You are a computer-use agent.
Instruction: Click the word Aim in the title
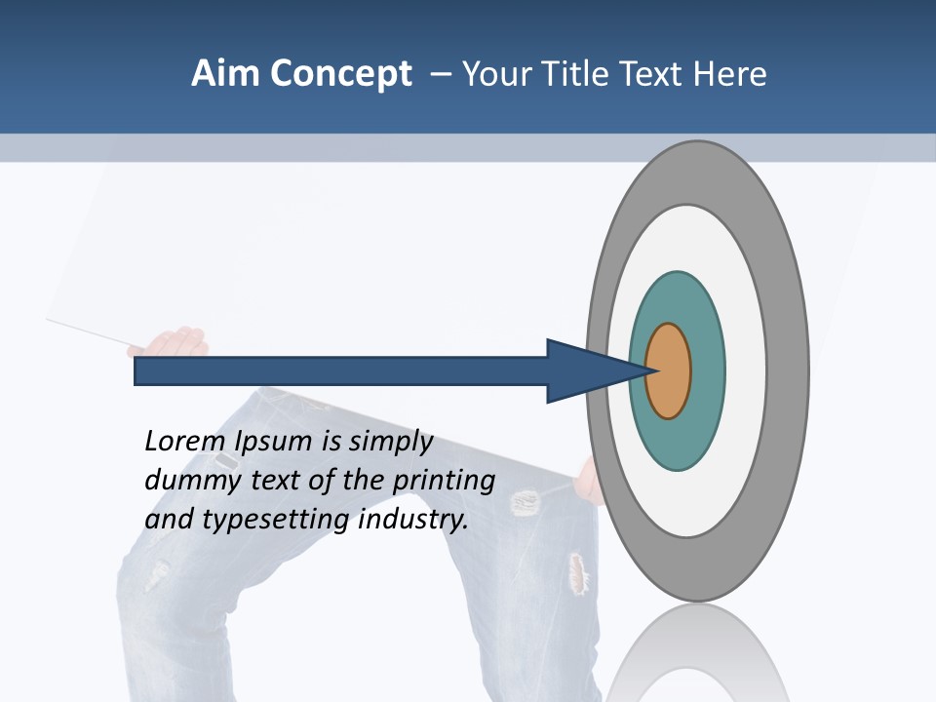[226, 73]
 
